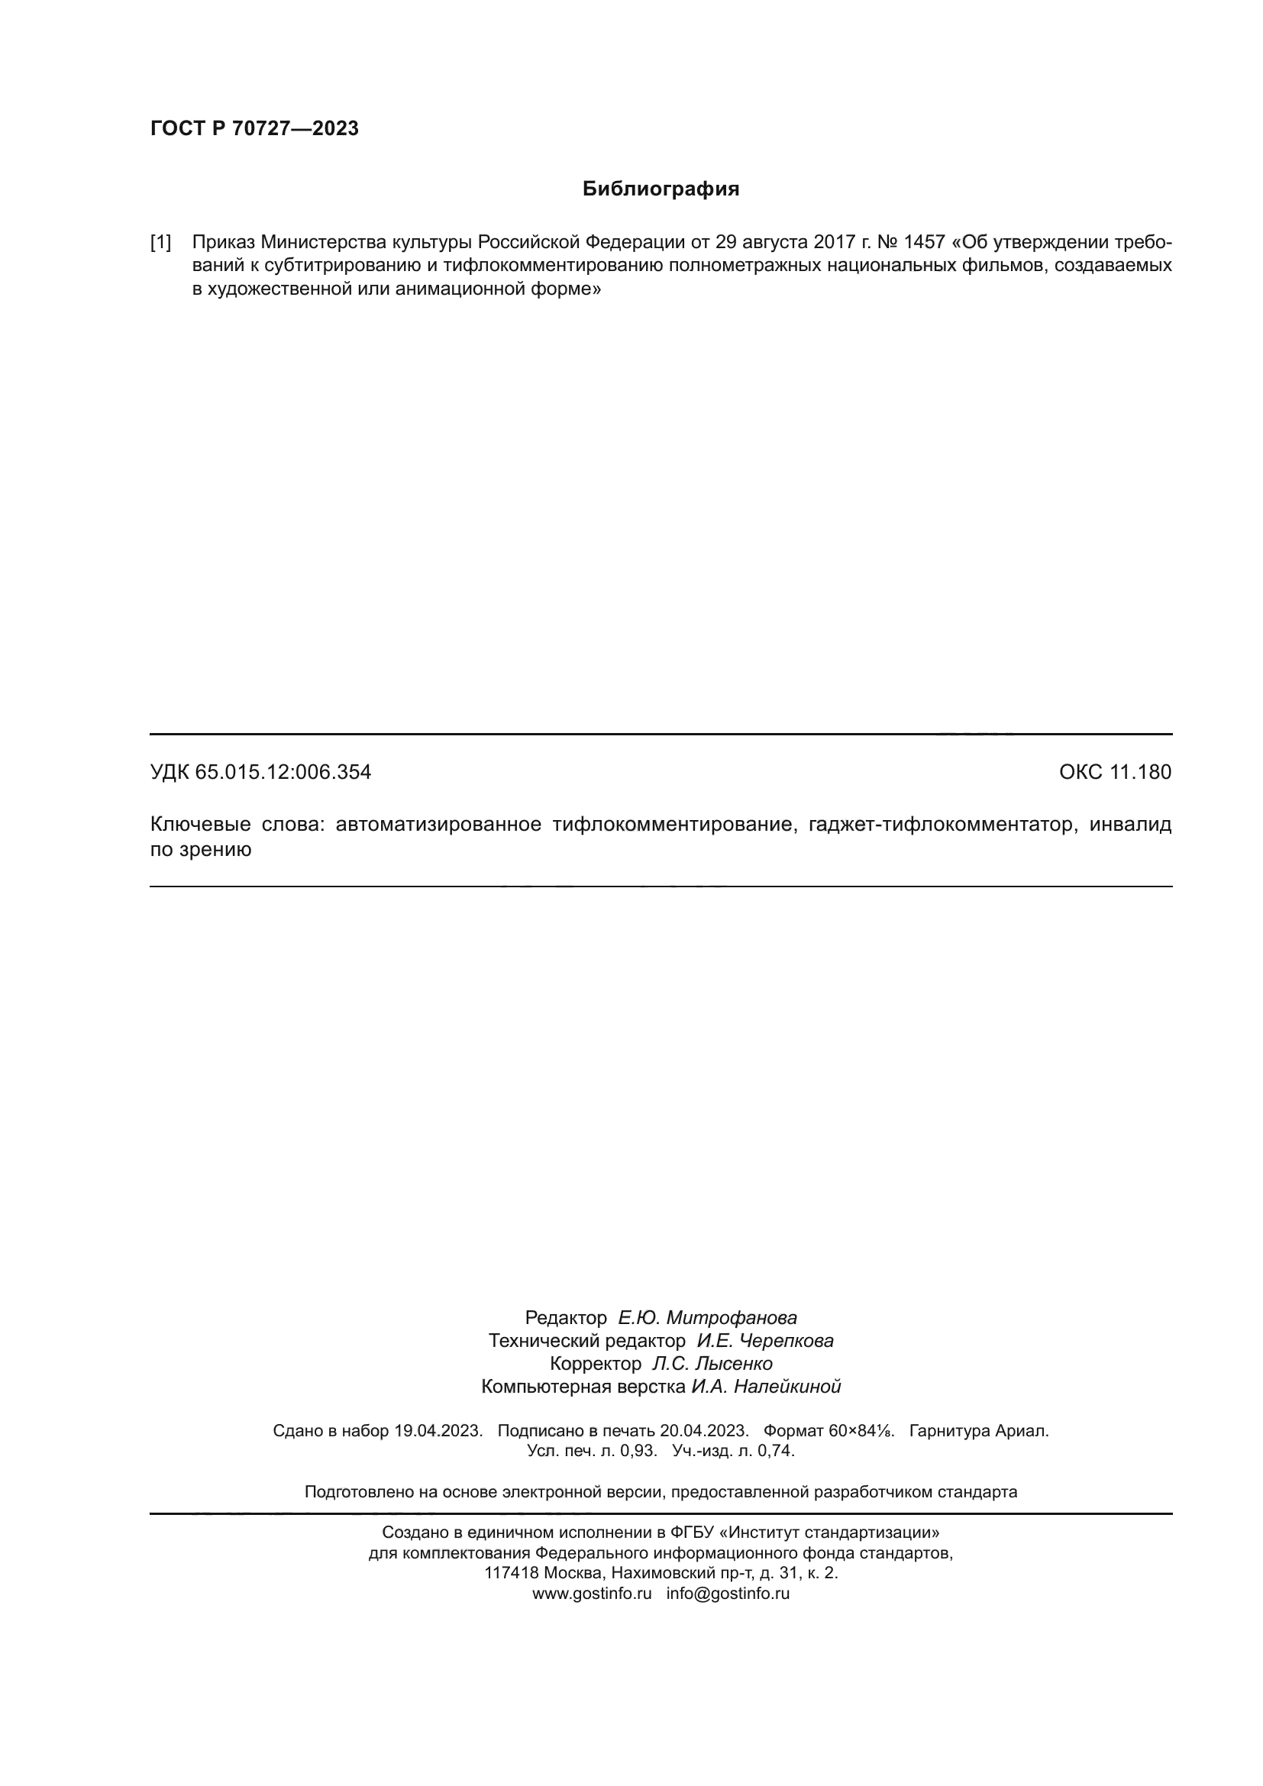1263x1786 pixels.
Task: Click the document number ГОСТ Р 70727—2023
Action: point(254,128)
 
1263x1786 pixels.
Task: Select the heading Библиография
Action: point(661,189)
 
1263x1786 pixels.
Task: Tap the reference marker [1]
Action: point(161,243)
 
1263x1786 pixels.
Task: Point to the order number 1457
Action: point(923,243)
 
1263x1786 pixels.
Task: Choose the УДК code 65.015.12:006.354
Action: point(283,773)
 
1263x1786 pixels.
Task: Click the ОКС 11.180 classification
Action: point(1114,773)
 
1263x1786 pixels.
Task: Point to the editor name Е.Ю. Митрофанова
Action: point(707,1318)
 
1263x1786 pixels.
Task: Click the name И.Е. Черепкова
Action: point(764,1340)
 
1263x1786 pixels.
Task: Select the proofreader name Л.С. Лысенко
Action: point(712,1364)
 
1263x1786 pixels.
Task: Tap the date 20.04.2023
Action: point(704,1430)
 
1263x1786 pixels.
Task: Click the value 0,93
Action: point(638,1451)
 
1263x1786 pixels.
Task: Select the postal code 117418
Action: point(512,1573)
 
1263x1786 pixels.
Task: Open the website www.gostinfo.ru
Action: point(591,1593)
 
